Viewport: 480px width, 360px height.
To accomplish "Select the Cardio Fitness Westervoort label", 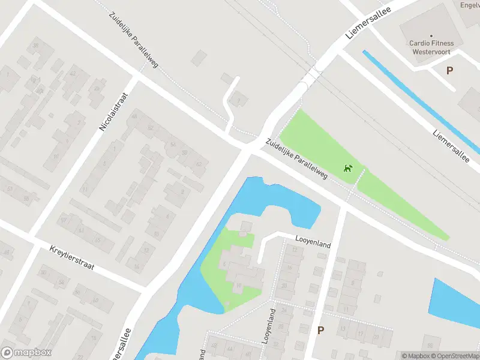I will [431, 47].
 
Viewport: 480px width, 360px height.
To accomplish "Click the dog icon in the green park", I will [347, 168].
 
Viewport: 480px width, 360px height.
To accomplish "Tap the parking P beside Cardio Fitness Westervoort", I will [449, 70].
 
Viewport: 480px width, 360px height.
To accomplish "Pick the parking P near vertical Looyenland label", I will [320, 330].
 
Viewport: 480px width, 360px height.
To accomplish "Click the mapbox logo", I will [27, 353].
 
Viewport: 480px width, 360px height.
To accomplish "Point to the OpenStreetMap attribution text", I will [453, 356].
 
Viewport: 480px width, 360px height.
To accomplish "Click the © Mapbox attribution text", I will [415, 356].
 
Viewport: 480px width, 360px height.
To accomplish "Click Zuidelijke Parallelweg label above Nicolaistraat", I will [133, 39].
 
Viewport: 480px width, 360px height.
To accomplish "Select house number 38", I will [35, 46].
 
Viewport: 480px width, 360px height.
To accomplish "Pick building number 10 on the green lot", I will [239, 285].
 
